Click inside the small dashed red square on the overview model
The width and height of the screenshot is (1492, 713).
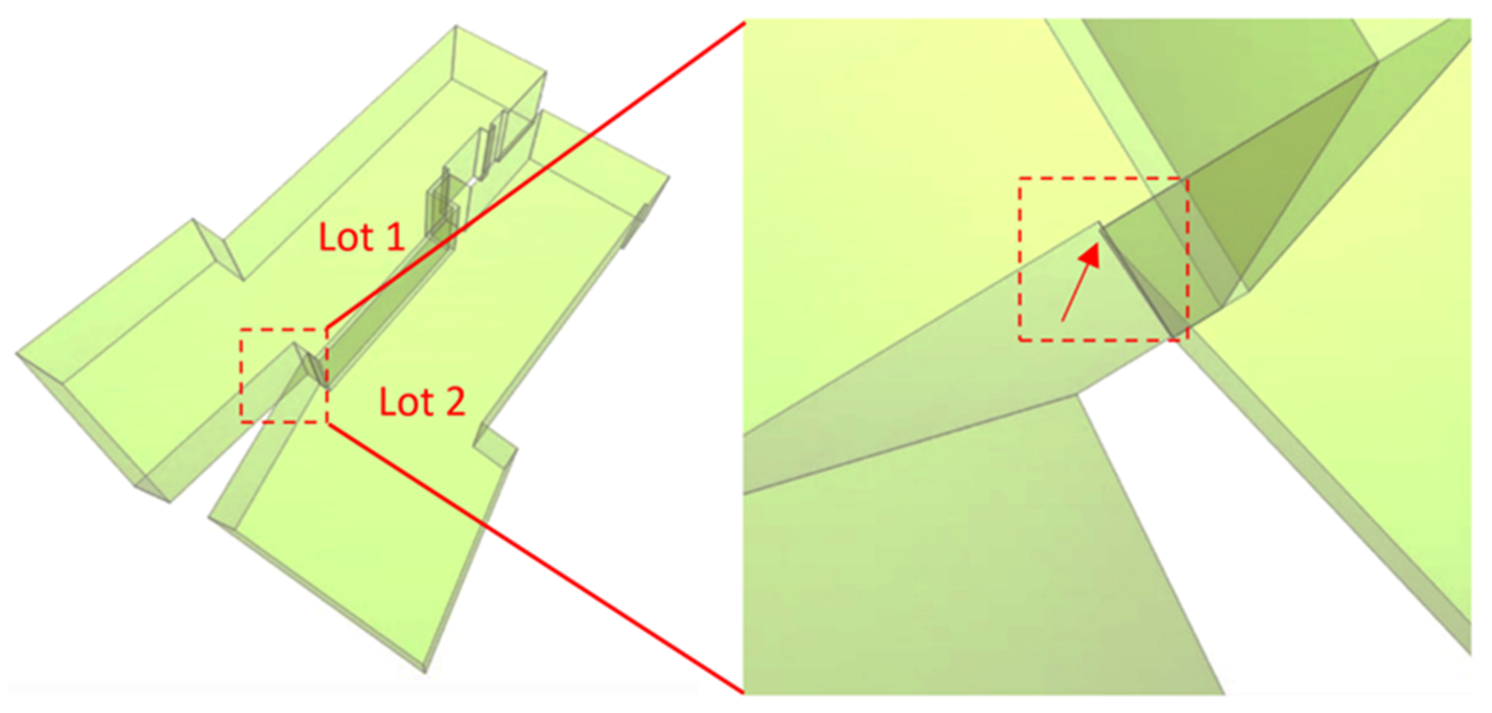(x=284, y=376)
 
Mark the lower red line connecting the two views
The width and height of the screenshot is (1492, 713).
(x=536, y=558)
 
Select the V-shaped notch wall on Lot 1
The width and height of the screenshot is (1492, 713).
(x=217, y=249)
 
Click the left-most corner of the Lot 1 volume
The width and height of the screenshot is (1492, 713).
(x=16, y=352)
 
